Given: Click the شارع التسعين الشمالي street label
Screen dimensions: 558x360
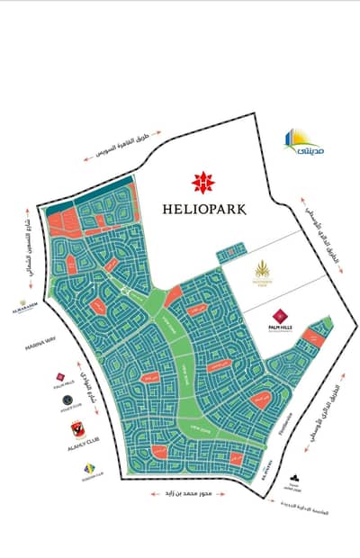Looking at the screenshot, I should point(29,238).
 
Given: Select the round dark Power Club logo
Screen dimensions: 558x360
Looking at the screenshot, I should point(67,401).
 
